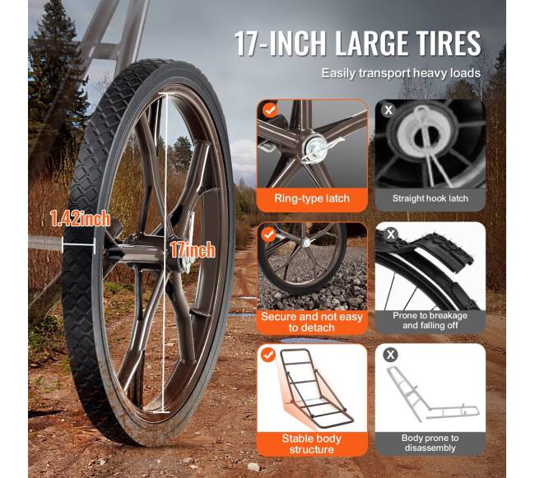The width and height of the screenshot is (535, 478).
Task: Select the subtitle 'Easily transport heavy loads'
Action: pyautogui.click(x=402, y=73)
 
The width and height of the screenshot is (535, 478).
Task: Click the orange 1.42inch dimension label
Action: pyautogui.click(x=80, y=219)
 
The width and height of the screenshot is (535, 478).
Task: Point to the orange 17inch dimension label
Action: pyautogui.click(x=193, y=250)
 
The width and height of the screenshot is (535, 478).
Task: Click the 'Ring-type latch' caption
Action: pyautogui.click(x=312, y=198)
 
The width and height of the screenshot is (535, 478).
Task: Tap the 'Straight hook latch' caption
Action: pyautogui.click(x=430, y=198)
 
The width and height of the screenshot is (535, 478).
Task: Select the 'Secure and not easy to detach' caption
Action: pyautogui.click(x=311, y=323)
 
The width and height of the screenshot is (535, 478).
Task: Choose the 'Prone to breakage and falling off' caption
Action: pyautogui.click(x=430, y=321)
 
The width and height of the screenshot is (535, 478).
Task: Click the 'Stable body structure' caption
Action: pyautogui.click(x=311, y=443)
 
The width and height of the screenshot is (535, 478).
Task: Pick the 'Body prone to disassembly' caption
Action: pyautogui.click(x=430, y=443)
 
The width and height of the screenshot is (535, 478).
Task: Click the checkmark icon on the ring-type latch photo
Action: pyautogui.click(x=270, y=110)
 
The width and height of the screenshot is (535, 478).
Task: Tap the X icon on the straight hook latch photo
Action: pyautogui.click(x=388, y=110)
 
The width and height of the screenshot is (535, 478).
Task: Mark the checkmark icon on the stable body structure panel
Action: pyautogui.click(x=268, y=355)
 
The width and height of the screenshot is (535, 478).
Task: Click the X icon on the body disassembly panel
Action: pyautogui.click(x=390, y=355)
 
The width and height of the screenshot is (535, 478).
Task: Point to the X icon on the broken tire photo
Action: pyautogui.click(x=391, y=234)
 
